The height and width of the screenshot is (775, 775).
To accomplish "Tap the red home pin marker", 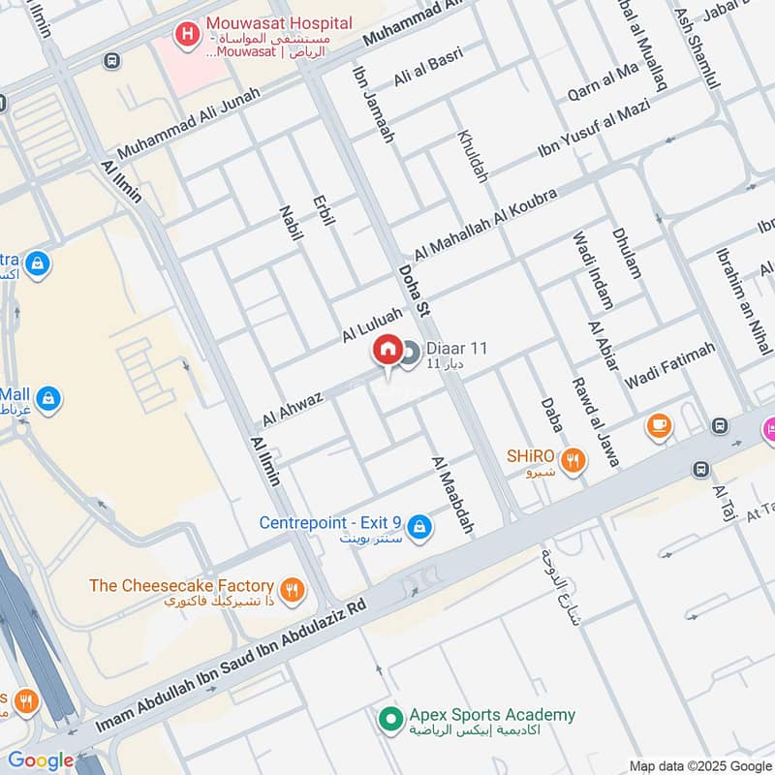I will pos(387,350).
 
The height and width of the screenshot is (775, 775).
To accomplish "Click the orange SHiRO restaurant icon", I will pos(574,461).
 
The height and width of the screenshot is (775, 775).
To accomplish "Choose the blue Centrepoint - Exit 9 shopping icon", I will pos(418,526).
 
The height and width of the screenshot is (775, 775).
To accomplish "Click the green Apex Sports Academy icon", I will pos(390,720).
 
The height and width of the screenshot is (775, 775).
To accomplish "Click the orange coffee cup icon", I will pos(659,426).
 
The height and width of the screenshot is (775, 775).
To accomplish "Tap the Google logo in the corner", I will pos(41,760).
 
